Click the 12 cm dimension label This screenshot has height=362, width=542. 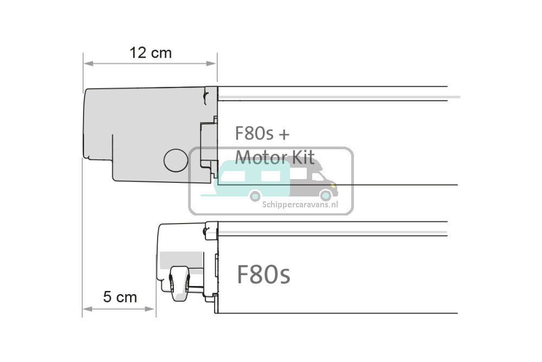coord(150,53)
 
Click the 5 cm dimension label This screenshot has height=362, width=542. coord(120,297)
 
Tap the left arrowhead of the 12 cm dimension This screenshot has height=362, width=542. coord(88,63)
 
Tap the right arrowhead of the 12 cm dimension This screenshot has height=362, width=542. coord(211,63)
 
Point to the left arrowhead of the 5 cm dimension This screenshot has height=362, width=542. coord(87,309)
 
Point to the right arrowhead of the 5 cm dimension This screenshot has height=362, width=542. coord(150,309)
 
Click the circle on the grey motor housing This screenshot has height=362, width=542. coord(176,161)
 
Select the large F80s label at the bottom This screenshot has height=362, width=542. coord(263,275)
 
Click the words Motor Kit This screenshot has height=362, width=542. coord(275,157)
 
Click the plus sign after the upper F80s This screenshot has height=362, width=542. coord(284,134)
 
